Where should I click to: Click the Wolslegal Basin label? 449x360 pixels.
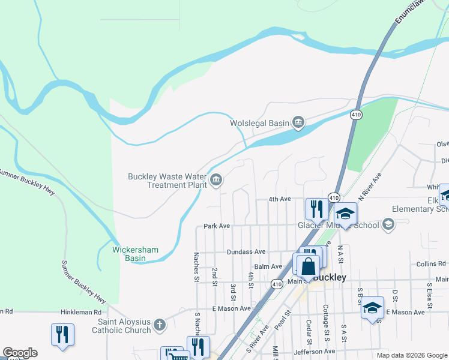coord(260,123)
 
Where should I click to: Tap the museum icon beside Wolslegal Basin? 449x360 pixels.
coord(298,124)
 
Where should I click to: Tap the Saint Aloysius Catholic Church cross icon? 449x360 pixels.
coord(159,325)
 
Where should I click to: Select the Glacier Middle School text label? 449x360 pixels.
coord(338,226)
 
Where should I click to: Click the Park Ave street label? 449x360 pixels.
coord(217,226)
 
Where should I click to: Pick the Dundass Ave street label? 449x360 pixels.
coord(246,252)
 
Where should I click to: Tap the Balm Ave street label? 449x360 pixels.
coord(268,266)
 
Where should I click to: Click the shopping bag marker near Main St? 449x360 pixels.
coord(307,266)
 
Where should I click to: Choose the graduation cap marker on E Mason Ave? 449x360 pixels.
coord(372,308)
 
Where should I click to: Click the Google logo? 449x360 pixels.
coord(20,353)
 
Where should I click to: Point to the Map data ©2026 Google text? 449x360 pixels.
coord(412,355)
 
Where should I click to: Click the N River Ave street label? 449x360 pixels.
coord(370,187)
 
